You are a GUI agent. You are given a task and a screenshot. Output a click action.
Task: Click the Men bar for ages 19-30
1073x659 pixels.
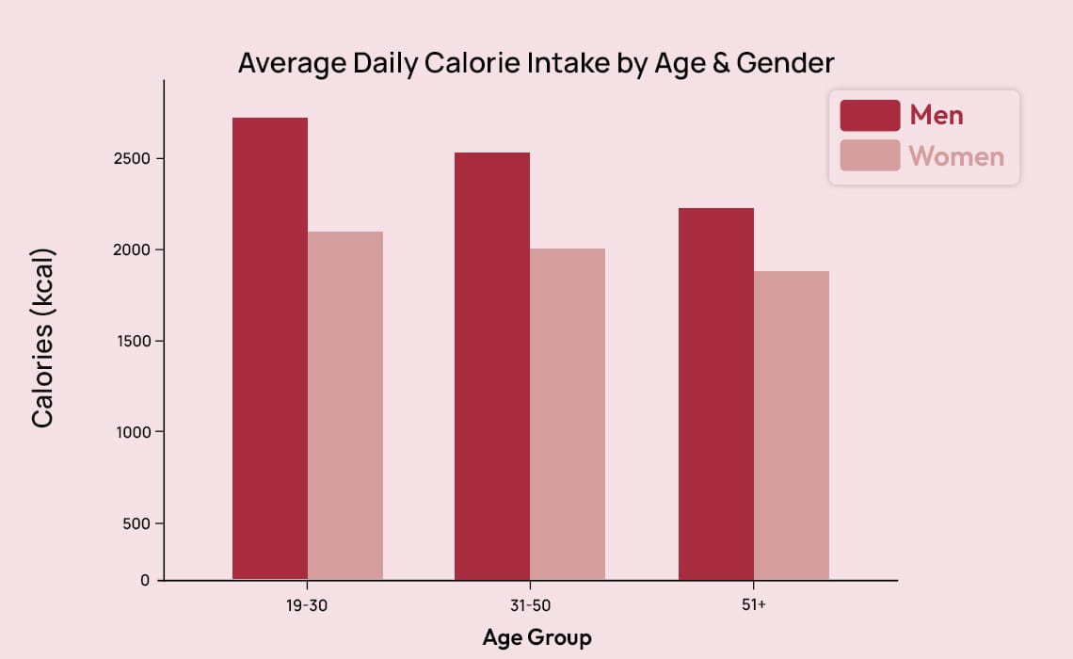(270, 348)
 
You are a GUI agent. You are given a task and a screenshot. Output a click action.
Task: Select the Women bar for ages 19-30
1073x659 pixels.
(345, 405)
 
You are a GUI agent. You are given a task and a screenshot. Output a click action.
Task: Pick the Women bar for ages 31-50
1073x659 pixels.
(568, 414)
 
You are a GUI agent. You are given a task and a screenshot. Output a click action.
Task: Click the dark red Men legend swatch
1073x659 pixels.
(870, 116)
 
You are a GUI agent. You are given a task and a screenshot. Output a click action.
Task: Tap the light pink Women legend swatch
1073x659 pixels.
(870, 155)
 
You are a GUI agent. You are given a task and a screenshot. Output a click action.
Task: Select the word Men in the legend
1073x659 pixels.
(937, 116)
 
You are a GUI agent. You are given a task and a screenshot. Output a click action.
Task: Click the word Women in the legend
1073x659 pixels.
(957, 156)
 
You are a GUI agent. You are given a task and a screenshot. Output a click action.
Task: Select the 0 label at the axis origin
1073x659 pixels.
(145, 580)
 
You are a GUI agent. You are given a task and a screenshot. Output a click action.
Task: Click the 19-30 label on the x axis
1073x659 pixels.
(308, 605)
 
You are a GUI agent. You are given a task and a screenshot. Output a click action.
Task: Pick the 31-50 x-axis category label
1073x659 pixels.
(530, 605)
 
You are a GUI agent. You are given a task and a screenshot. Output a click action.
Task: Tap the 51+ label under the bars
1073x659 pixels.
(754, 605)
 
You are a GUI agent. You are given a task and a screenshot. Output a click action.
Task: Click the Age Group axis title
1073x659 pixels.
(536, 637)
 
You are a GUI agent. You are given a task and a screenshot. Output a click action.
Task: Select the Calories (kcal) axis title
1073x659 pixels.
(43, 338)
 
